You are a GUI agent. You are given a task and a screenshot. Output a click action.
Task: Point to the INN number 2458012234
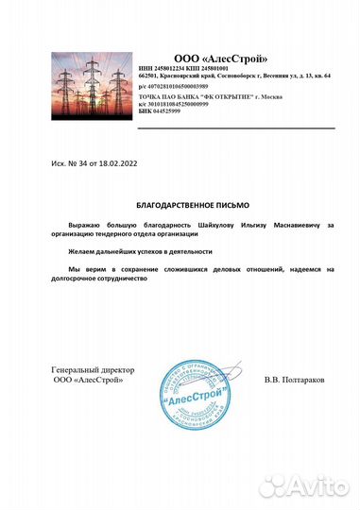161,69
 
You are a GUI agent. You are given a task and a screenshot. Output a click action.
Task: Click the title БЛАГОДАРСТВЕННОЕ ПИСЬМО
189,204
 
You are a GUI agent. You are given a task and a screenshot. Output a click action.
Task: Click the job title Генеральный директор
94,369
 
